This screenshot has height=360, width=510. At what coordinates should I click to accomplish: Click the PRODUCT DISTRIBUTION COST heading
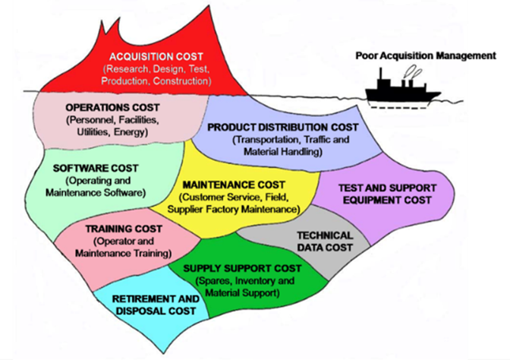[282, 128]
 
